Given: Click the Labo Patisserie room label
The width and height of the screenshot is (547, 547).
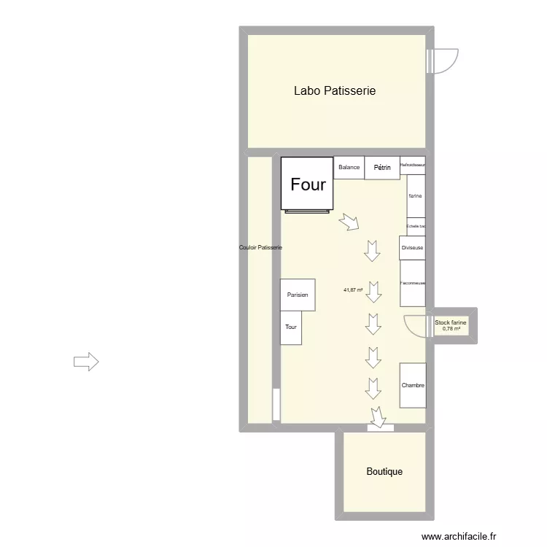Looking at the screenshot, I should [x=334, y=91].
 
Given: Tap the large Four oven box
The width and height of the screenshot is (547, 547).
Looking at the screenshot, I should [x=308, y=184].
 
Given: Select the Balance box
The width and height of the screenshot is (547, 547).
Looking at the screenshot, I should [x=349, y=168].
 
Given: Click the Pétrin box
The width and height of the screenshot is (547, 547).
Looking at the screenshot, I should [x=382, y=168].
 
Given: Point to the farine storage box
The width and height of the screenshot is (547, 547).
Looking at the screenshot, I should [x=416, y=196].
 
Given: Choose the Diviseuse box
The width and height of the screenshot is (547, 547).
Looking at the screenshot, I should [x=412, y=248].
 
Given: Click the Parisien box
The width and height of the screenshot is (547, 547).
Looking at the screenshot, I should [x=298, y=295].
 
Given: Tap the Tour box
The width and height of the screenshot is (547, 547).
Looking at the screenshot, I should [x=291, y=327].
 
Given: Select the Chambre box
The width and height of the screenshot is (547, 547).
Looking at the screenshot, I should [x=413, y=385].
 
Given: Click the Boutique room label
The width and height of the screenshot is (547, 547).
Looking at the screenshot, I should [x=384, y=472].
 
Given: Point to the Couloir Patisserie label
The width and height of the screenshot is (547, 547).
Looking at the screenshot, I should [x=260, y=248].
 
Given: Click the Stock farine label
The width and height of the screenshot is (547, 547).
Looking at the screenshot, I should [x=450, y=322].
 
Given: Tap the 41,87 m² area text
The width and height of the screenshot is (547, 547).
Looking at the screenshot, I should [x=353, y=290].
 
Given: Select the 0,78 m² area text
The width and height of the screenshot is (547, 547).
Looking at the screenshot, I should [x=451, y=329].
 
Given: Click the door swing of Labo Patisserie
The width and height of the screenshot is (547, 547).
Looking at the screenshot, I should [x=443, y=61].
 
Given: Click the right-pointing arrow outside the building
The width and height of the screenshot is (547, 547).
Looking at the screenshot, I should [x=86, y=361].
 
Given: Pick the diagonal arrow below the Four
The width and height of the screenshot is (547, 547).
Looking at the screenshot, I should [x=349, y=222].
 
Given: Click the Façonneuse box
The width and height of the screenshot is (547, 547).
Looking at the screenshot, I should [x=413, y=283].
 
